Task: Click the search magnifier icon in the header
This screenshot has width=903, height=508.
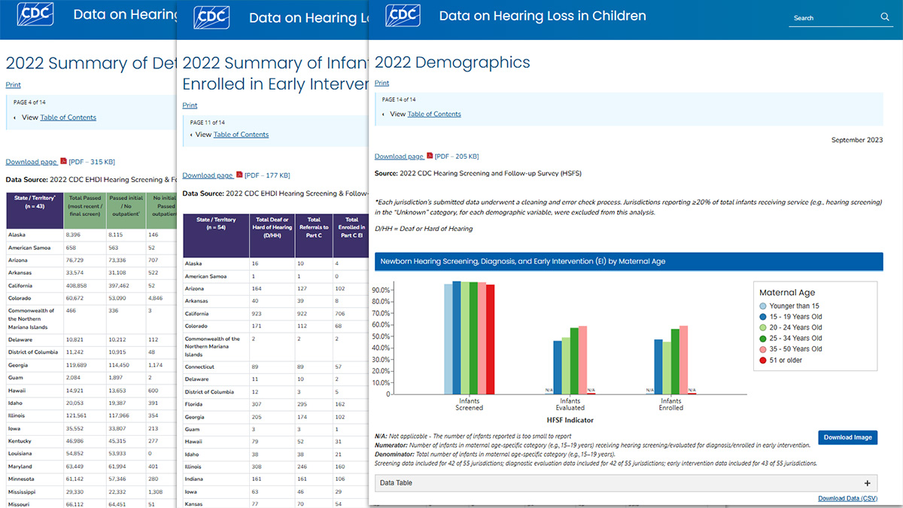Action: (885, 17)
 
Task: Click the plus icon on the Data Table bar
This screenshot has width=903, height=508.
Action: (867, 483)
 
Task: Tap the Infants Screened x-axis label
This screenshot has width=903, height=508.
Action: (470, 404)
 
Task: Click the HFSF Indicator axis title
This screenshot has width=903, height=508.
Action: (570, 418)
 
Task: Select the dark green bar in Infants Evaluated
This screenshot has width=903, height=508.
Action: (574, 360)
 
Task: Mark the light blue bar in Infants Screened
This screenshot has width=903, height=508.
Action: (448, 338)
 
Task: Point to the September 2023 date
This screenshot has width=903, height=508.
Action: (857, 140)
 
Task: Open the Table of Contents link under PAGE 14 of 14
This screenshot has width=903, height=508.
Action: (433, 114)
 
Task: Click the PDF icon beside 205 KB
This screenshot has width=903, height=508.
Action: (430, 156)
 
